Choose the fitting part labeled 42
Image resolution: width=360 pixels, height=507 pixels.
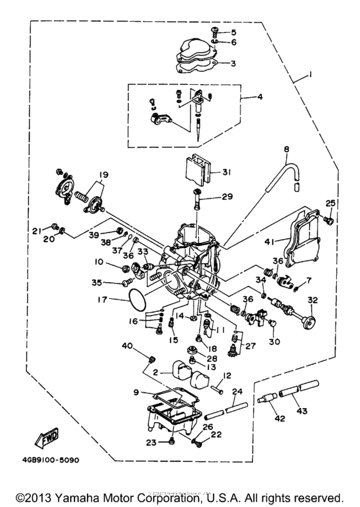click(271, 399)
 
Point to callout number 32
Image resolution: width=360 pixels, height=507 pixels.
click(312, 300)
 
